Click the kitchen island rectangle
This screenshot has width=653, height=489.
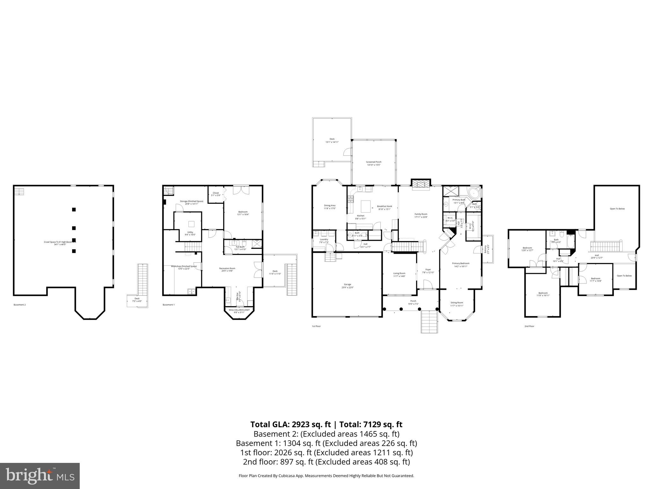point(366,207)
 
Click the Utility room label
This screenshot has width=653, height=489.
point(190,233)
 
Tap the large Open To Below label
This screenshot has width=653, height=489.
point(617,209)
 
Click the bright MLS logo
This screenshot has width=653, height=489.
point(40,476)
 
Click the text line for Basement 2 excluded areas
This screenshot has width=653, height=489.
point(326,434)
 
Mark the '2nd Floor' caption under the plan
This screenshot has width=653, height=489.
point(529,326)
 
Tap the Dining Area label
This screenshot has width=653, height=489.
point(329,207)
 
